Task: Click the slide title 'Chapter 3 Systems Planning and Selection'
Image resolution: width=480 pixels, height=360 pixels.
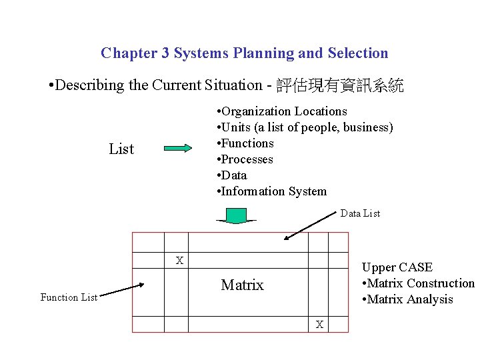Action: pyautogui.click(x=244, y=53)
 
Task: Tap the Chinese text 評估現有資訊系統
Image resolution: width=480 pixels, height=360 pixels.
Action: pyautogui.click(x=339, y=85)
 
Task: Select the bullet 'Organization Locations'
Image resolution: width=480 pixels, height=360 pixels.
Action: pyautogui.click(x=283, y=111)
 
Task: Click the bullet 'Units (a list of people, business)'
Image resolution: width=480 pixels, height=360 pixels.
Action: pyautogui.click(x=305, y=127)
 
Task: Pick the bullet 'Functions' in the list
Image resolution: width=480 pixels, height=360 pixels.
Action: pyautogui.click(x=246, y=143)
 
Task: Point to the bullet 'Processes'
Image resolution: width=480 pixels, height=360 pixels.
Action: pyautogui.click(x=245, y=159)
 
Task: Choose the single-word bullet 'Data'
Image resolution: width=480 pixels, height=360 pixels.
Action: pyautogui.click(x=233, y=175)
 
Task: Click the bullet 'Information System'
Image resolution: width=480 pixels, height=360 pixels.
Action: pyautogui.click(x=273, y=191)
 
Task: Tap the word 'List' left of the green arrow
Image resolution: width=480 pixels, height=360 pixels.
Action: pyautogui.click(x=121, y=149)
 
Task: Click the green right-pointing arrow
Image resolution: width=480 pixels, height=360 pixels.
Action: pyautogui.click(x=177, y=149)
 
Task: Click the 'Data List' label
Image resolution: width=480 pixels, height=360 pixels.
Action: pyautogui.click(x=360, y=213)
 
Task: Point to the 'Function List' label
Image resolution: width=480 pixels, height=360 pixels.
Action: pyautogui.click(x=69, y=297)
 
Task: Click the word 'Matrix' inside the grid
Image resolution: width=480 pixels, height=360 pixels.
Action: pyautogui.click(x=242, y=285)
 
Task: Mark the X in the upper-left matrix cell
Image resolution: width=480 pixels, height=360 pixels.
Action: pyautogui.click(x=179, y=260)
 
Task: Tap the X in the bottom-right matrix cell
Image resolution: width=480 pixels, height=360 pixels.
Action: pyautogui.click(x=319, y=325)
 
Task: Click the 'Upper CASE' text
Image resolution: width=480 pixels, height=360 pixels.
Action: pyautogui.click(x=397, y=267)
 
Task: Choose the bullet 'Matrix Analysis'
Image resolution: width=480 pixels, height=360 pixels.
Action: pyautogui.click(x=409, y=299)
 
